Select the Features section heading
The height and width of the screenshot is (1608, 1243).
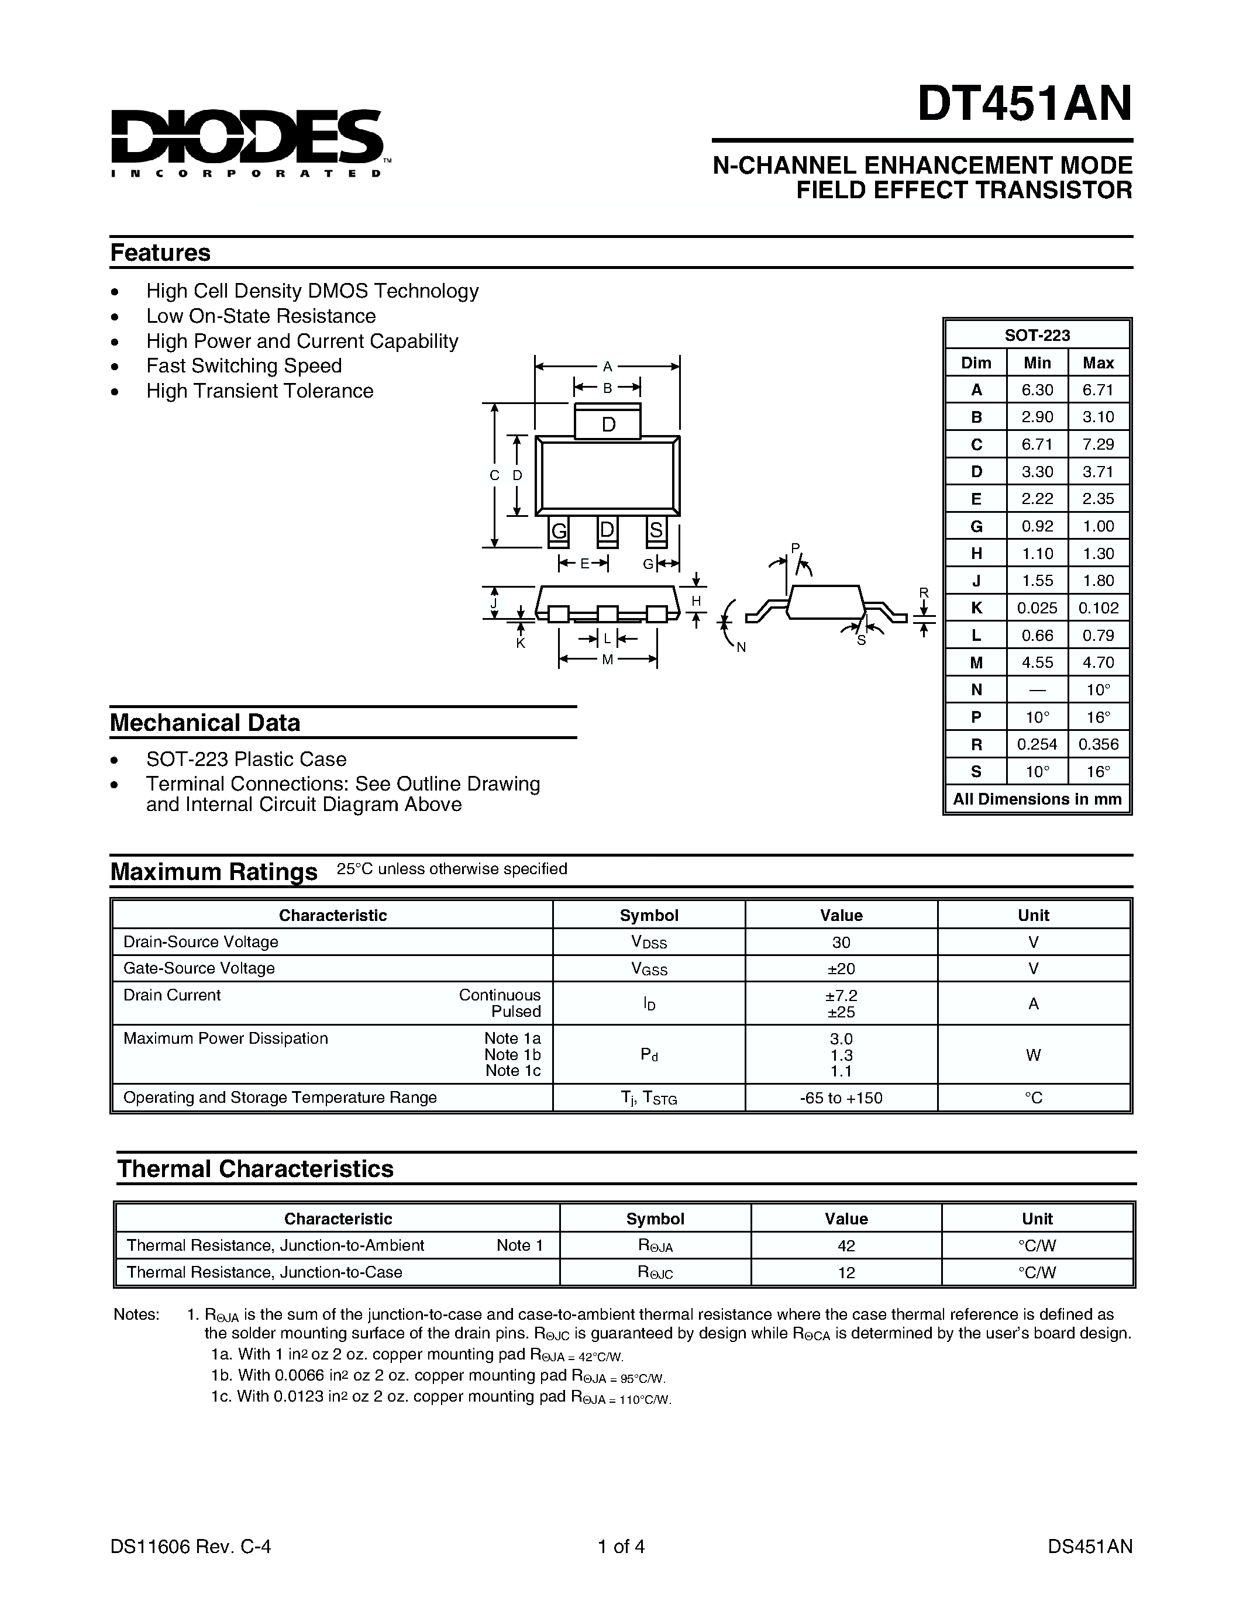click(x=160, y=253)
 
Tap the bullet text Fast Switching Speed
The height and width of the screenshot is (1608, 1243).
click(x=244, y=366)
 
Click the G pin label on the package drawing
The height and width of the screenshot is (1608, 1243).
click(x=559, y=530)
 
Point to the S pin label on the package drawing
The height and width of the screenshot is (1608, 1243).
click(x=656, y=530)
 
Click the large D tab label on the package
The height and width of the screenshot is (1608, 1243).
click(x=608, y=425)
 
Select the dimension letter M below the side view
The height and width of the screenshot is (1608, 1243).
click(x=608, y=660)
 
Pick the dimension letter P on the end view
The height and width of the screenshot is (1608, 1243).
click(x=794, y=548)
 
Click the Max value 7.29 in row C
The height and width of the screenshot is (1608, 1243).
click(x=1098, y=444)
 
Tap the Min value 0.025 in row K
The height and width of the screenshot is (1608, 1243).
click(x=1037, y=608)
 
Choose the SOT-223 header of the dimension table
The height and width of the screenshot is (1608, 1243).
click(x=1037, y=335)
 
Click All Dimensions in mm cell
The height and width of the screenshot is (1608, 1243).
click(x=1037, y=799)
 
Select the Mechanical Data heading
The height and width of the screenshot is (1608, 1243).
click(x=205, y=722)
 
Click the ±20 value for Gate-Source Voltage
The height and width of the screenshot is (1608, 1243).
click(x=841, y=968)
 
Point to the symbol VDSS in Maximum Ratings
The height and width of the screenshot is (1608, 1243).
click(x=649, y=943)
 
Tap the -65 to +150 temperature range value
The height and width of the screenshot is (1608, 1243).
click(x=841, y=1098)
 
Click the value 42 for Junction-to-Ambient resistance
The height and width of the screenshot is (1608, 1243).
click(x=846, y=1245)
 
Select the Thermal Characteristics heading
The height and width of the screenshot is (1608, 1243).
click(x=255, y=1168)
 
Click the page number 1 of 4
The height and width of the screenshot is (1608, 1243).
click(x=621, y=1546)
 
